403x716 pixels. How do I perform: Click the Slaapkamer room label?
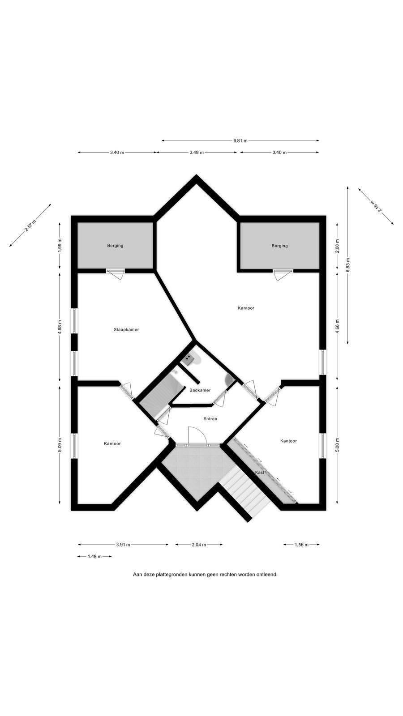[126, 329]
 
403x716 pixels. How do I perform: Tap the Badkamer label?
[200, 390]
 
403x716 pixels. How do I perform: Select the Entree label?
[210, 419]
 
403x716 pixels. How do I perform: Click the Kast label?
[260, 472]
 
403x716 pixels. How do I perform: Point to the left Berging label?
[115, 246]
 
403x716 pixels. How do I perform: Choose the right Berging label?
[280, 246]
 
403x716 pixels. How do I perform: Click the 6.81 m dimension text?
[240, 141]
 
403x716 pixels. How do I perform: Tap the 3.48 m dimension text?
[197, 153]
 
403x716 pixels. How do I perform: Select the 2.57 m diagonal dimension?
[30, 225]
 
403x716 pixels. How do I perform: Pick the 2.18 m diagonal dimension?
[376, 206]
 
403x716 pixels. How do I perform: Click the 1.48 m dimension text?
[94, 557]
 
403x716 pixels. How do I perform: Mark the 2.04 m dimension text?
[199, 545]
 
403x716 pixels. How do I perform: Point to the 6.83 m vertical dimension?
[348, 265]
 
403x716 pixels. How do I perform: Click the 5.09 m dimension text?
[60, 445]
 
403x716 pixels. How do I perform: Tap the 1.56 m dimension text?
[302, 545]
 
